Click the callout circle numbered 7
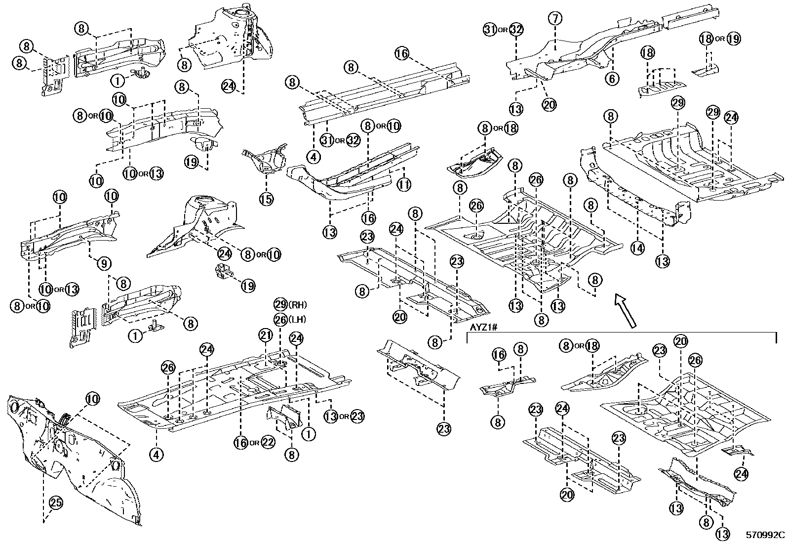pyautogui.click(x=555, y=19)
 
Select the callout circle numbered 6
pyautogui.click(x=612, y=79)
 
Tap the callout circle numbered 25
pyautogui.click(x=55, y=503)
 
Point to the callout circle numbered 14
pyautogui.click(x=637, y=249)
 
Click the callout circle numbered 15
pyautogui.click(x=266, y=199)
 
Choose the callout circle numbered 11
pyautogui.click(x=404, y=185)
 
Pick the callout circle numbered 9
pyautogui.click(x=103, y=264)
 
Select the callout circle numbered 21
pyautogui.click(x=266, y=336)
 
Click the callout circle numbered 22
pyautogui.click(x=267, y=442)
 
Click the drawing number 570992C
pyautogui.click(x=764, y=535)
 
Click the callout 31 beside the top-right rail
pyautogui.click(x=489, y=30)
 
